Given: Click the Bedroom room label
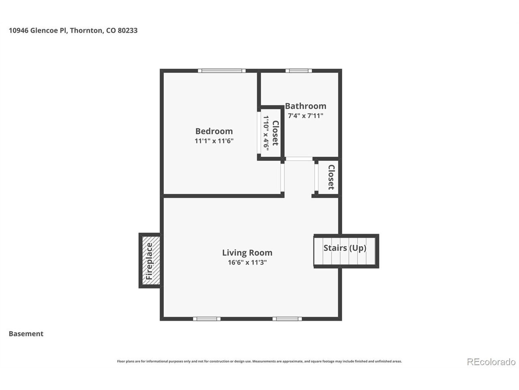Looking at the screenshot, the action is [214, 131].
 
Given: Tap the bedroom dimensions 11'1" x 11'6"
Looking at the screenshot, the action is [214, 141].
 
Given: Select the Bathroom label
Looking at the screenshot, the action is [305, 106].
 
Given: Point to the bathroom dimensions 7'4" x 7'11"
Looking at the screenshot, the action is [305, 116].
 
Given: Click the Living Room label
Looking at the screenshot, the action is [247, 253].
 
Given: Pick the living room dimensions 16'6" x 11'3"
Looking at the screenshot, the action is [247, 262].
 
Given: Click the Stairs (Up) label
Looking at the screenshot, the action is [345, 248].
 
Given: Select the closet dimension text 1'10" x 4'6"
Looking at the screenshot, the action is [266, 133].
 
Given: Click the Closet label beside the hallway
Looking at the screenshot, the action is [331, 177].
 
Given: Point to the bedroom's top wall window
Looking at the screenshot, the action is [221, 71].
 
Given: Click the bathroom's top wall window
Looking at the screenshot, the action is [298, 71].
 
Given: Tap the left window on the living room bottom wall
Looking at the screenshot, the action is [207, 319].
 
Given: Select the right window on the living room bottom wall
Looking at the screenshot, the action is [287, 319].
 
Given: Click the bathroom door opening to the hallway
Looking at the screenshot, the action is [299, 159].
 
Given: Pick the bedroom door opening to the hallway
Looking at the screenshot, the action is [282, 178].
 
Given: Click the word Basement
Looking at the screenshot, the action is [26, 334].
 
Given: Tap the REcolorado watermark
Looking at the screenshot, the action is [491, 362].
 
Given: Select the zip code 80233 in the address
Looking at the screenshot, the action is [127, 30].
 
